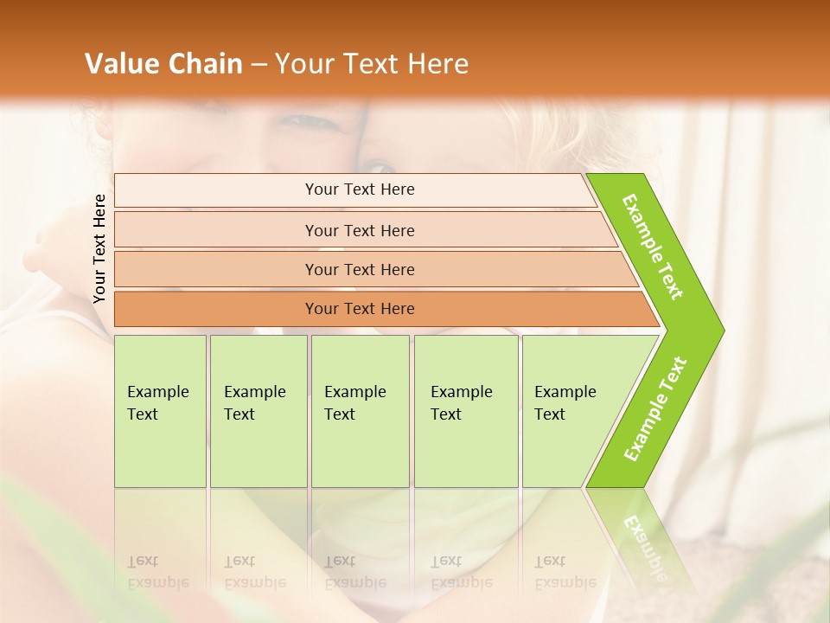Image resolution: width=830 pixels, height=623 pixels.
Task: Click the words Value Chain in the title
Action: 163,64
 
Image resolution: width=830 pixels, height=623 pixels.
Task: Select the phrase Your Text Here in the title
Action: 372,64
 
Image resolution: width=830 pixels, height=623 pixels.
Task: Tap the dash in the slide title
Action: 258,64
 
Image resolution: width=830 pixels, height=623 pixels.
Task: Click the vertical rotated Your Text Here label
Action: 99,248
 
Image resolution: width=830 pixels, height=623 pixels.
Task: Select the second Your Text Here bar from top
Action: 360,230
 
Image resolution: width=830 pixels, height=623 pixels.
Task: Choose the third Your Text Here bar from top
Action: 360,269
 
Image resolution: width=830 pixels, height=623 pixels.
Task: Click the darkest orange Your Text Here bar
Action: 360,309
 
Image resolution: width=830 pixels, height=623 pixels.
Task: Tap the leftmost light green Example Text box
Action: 160,411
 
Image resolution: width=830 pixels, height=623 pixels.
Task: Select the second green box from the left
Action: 259,411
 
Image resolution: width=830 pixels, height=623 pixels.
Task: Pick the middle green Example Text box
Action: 360,411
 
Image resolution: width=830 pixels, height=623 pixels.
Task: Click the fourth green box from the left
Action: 466,411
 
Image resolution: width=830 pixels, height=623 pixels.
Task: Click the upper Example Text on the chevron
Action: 653,247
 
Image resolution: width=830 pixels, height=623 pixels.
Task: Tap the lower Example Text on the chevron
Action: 655,408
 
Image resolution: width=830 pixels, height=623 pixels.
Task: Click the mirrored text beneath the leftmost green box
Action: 157,572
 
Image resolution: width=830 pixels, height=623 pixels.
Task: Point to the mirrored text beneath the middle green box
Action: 354,572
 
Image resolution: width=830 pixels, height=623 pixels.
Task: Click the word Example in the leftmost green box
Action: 157,392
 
